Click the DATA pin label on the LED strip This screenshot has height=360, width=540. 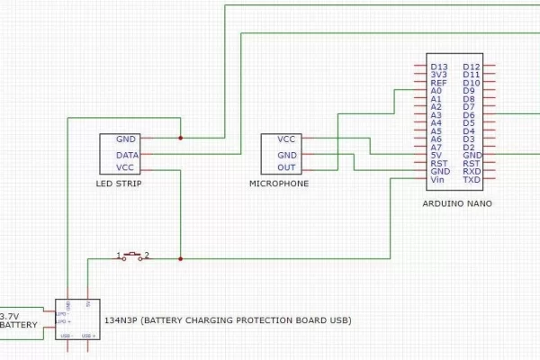(x=127, y=155)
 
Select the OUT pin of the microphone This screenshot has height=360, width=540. (x=286, y=168)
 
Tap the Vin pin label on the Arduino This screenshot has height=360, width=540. (x=438, y=180)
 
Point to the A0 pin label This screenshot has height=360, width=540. (x=437, y=91)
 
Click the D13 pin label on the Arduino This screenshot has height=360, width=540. (x=439, y=67)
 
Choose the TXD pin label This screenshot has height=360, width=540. (x=472, y=180)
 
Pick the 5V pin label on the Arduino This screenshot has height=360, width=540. (x=437, y=156)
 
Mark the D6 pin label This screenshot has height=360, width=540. (x=469, y=115)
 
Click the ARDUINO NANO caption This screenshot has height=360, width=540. (x=456, y=204)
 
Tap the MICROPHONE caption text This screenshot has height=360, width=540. (x=279, y=184)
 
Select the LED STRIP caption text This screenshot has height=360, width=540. (x=119, y=184)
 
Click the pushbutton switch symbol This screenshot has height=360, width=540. (x=133, y=256)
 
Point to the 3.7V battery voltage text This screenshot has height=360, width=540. (x=10, y=316)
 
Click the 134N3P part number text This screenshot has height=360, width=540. (x=121, y=320)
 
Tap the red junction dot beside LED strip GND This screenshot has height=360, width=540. (x=181, y=138)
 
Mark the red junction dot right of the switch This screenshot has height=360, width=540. (x=181, y=259)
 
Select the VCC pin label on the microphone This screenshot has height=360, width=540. (x=286, y=139)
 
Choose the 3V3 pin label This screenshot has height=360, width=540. (x=439, y=75)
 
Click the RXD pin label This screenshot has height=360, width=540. (x=472, y=172)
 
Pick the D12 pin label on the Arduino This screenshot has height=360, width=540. (x=472, y=67)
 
